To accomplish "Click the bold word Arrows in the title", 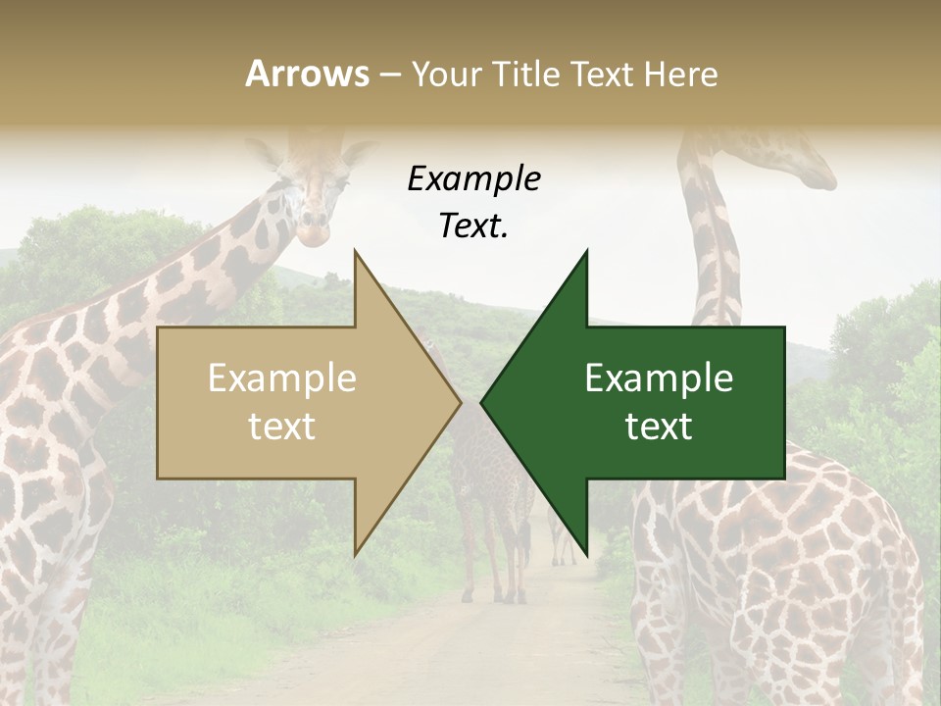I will tap(307, 74).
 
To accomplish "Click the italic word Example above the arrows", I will tap(473, 179).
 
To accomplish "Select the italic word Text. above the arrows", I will tap(473, 227).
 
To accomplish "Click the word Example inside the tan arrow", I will tap(281, 378).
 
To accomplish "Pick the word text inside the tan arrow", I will tap(281, 427).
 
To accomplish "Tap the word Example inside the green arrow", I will tap(659, 378).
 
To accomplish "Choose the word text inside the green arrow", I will tap(659, 427).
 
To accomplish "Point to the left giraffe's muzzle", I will tap(314, 232).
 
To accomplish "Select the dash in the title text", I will tap(390, 75).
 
